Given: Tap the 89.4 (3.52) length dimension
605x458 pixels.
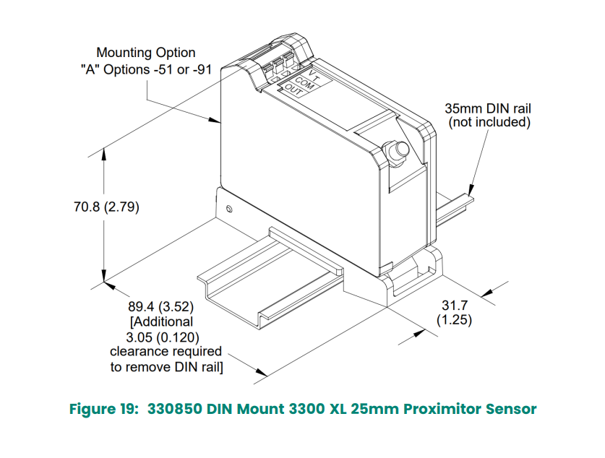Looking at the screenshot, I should (x=163, y=307).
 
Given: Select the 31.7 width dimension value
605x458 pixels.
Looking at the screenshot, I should (x=454, y=304).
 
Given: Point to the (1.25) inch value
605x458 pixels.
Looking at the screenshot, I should (x=454, y=319).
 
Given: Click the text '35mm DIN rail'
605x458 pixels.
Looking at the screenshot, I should (x=489, y=109).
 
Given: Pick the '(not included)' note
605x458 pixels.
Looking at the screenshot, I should (x=489, y=123).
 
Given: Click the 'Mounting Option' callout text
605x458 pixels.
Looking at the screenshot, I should (x=146, y=53).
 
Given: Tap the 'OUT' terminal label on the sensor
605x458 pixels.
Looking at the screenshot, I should (x=292, y=90).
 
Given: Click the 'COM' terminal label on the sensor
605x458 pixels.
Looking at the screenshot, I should (x=304, y=82).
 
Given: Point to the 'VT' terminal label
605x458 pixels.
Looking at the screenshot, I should (x=313, y=75).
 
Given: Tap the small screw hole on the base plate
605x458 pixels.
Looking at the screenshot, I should (x=229, y=209).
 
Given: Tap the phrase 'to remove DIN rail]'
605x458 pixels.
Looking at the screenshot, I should (x=166, y=367).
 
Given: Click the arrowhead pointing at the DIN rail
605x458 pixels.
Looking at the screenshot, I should (x=470, y=189).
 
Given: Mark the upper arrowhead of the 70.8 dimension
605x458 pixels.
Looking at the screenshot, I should (x=106, y=152).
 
